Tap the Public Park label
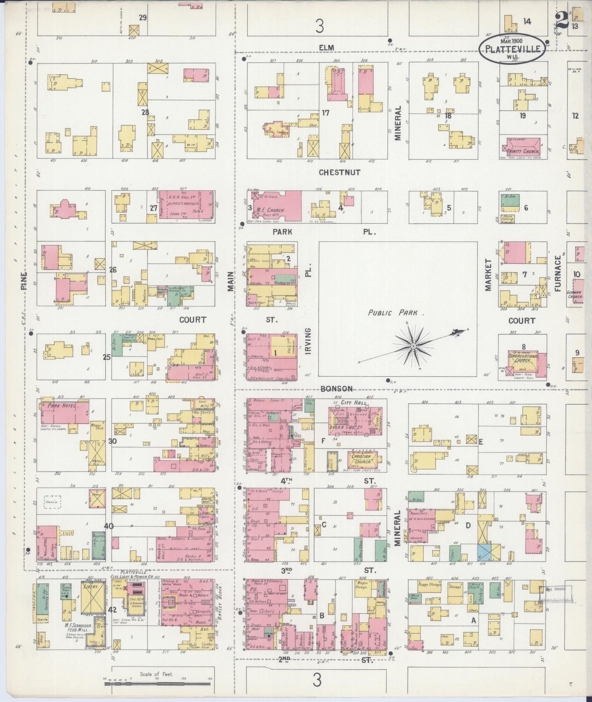[392, 313]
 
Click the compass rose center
[413, 346]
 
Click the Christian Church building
[362, 459]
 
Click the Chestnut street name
[340, 172]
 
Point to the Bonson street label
[337, 388]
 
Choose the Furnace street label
[558, 274]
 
